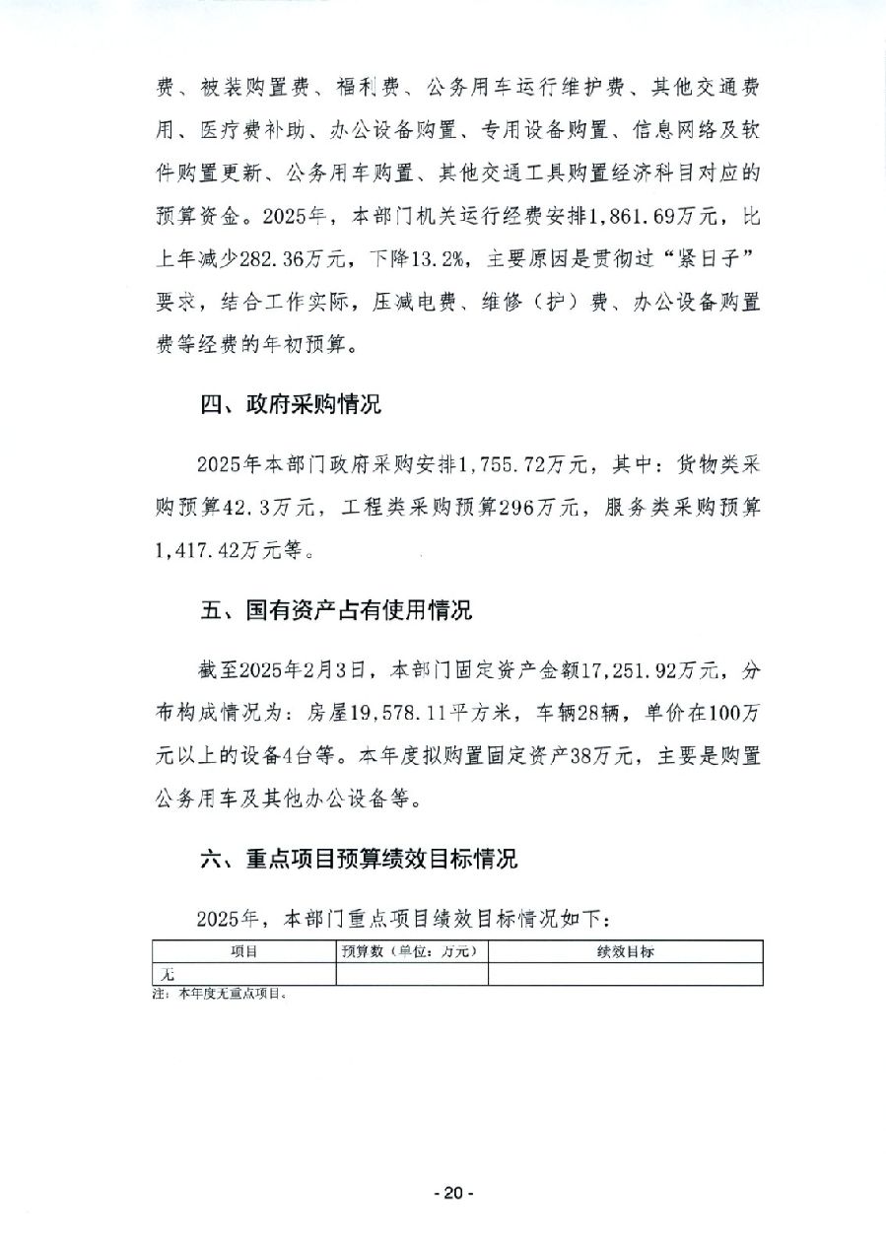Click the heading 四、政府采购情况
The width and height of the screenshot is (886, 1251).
[x=290, y=405]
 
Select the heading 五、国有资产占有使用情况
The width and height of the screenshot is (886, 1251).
[x=336, y=611]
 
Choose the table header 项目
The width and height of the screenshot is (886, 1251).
[x=243, y=951]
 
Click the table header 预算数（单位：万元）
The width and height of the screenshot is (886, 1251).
[x=411, y=951]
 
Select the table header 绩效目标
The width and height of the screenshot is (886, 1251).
[x=625, y=951]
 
